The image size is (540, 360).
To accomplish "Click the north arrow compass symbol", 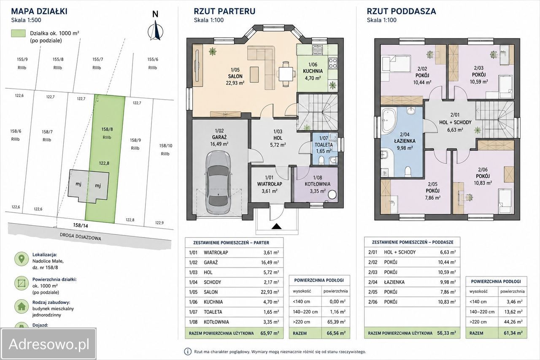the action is pos(156,30).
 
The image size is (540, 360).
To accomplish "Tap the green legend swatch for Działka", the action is pos(18,33).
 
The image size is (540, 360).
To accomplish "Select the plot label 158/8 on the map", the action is pos(107,129).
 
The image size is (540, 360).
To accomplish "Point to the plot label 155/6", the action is pos(153,60).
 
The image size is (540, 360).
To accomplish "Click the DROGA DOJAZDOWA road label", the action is pos(80,237).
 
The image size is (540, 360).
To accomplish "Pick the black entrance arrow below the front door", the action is pos(277,226).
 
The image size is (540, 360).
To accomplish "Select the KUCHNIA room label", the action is pos(313,71).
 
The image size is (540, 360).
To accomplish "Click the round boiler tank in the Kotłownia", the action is pos(332,195).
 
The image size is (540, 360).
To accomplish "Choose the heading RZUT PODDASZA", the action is pos(401,11).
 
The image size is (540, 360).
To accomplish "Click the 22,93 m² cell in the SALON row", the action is pos(270,292).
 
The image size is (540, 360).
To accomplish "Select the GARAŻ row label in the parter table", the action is pos(211,263).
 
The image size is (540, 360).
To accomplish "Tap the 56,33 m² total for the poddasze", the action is pos(446,333).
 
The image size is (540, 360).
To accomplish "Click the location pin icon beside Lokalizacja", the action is pos(22,259).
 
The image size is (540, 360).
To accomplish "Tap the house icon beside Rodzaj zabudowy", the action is pos(22,306).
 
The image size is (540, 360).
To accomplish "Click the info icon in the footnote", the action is pos(188,352).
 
